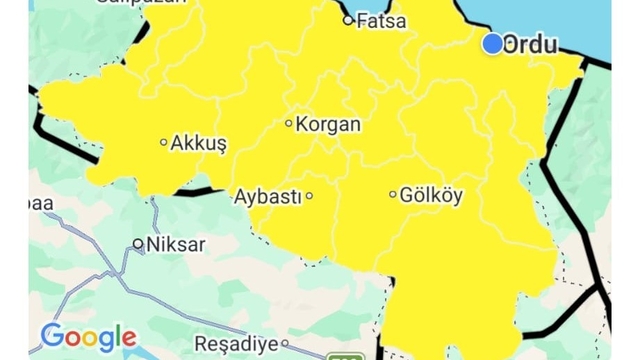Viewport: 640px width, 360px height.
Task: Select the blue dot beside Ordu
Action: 492,44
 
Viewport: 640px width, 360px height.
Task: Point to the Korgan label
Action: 329,124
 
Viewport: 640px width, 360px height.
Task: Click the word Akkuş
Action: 199,143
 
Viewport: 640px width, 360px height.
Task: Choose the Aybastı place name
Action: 267,196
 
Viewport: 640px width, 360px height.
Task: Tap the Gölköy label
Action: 431,195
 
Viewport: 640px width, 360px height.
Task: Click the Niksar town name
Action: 176,244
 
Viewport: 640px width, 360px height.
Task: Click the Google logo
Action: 88,337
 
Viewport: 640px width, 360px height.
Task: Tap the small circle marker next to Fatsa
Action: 348,20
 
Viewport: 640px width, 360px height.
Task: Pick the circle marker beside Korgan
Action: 289,124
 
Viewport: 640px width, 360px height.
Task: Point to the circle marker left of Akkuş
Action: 164,142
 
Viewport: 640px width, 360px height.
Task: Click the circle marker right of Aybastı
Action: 309,196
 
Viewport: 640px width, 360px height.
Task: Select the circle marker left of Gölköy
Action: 393,194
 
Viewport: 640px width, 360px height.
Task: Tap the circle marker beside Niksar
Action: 139,244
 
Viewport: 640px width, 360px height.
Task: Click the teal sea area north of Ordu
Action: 560,15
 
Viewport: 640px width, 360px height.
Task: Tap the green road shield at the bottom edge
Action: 347,355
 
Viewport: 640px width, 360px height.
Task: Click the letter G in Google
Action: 51,336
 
